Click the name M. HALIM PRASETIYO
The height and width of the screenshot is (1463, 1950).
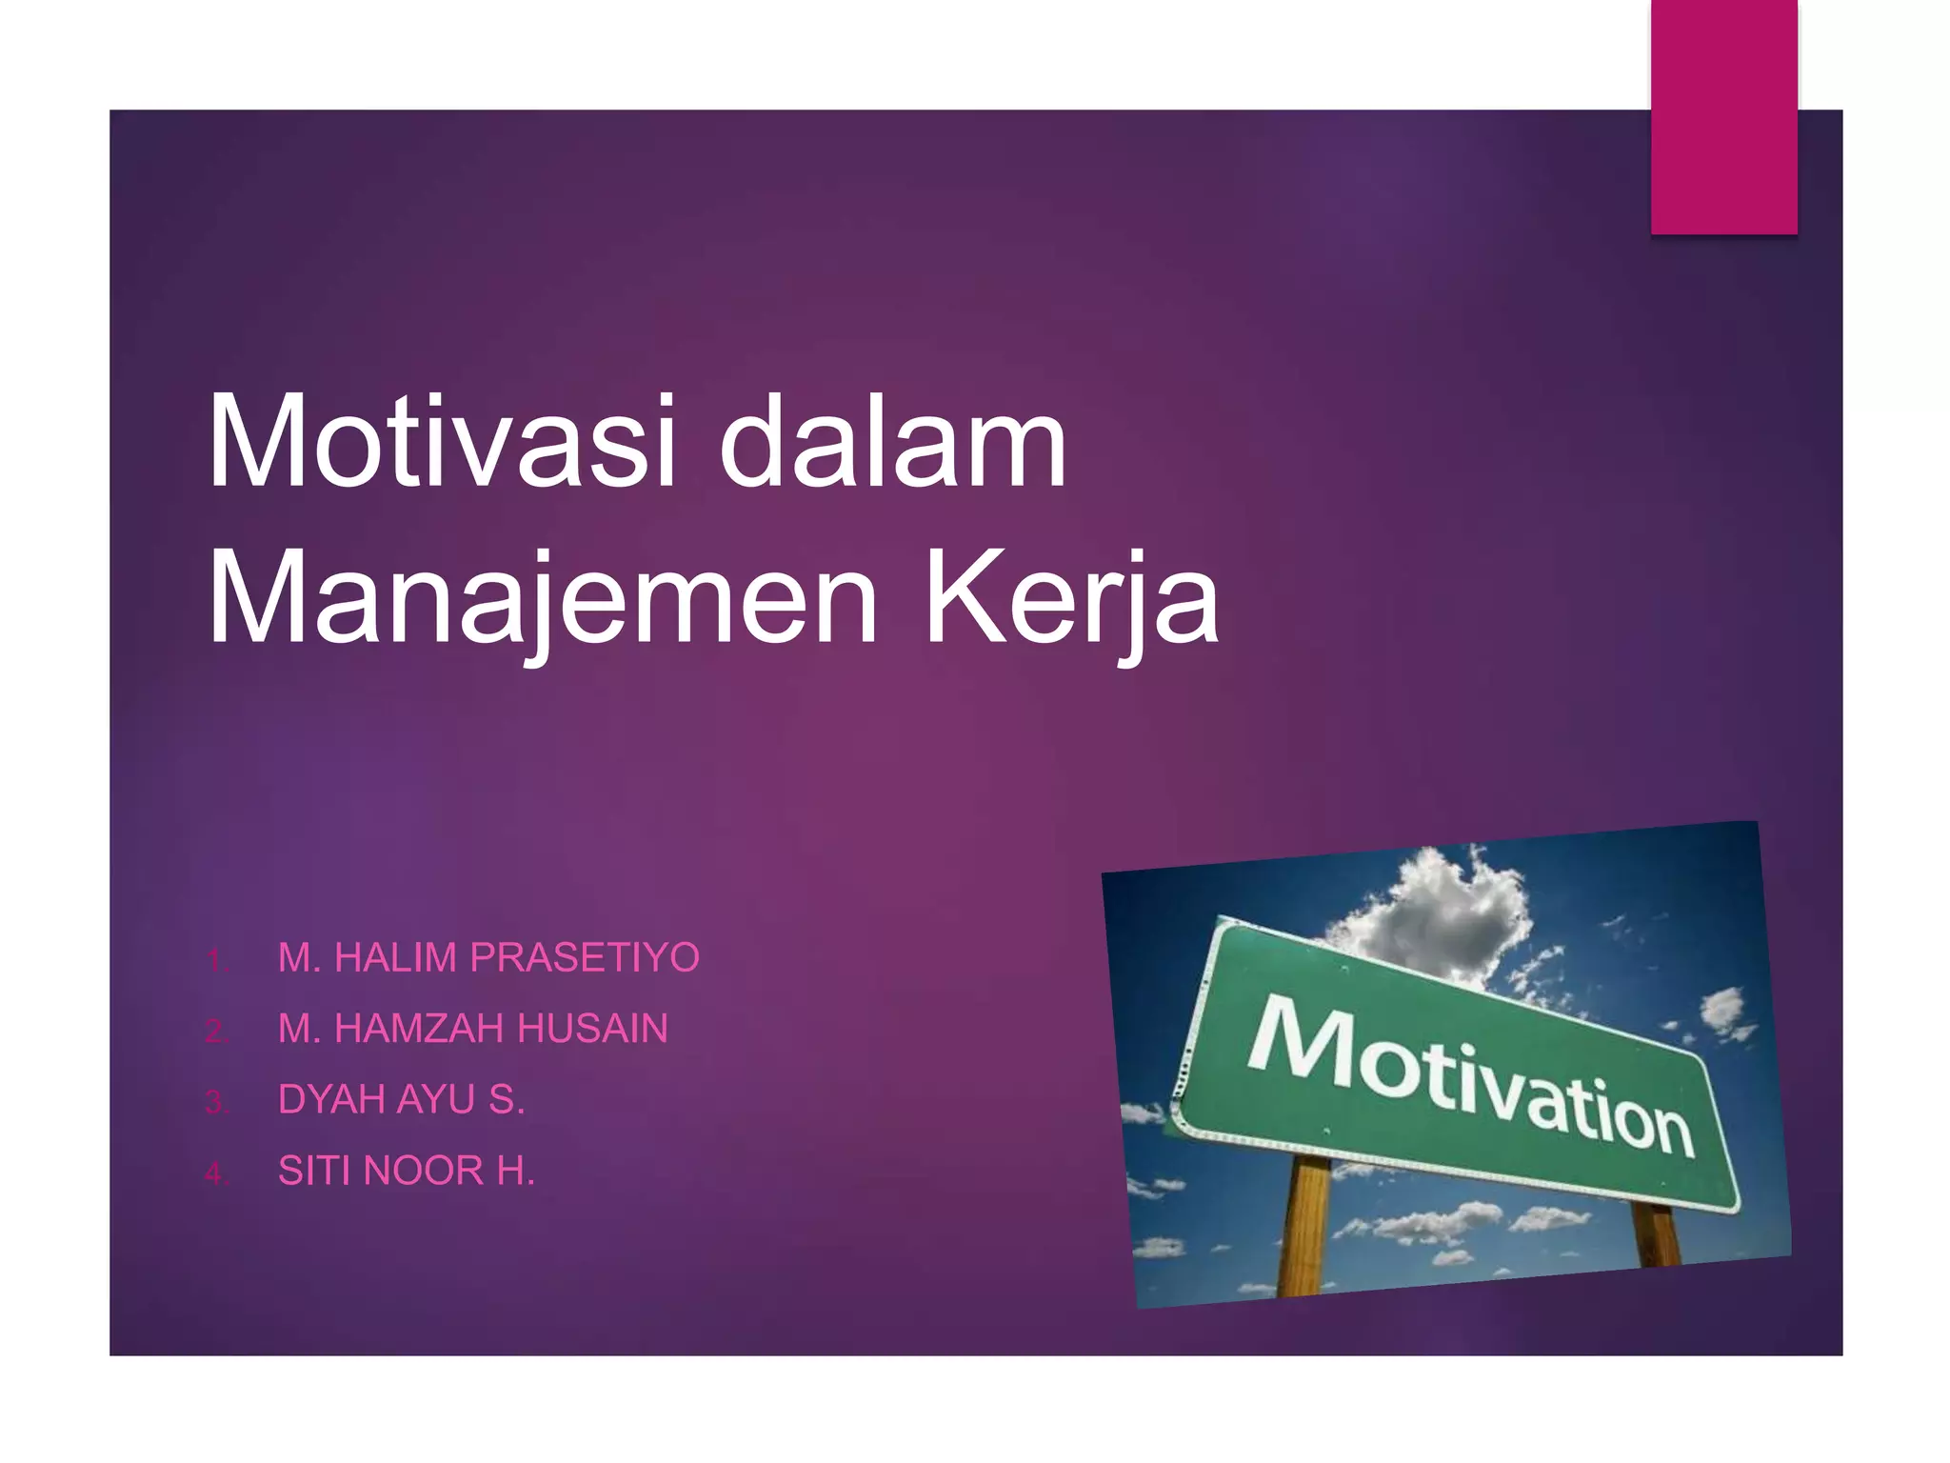[x=488, y=957]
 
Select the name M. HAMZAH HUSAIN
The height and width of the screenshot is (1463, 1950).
[x=472, y=1029]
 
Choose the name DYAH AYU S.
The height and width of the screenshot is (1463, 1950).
[x=401, y=1100]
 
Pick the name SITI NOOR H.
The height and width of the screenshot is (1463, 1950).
[x=407, y=1171]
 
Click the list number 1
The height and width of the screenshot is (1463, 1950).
[x=216, y=960]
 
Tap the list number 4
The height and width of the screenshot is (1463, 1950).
[x=216, y=1173]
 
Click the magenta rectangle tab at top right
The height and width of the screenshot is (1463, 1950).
[x=1723, y=116]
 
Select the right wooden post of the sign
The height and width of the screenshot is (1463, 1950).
[x=1657, y=1233]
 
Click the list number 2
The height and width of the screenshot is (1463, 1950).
[x=216, y=1032]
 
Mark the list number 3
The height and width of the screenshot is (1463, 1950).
[x=216, y=1103]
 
